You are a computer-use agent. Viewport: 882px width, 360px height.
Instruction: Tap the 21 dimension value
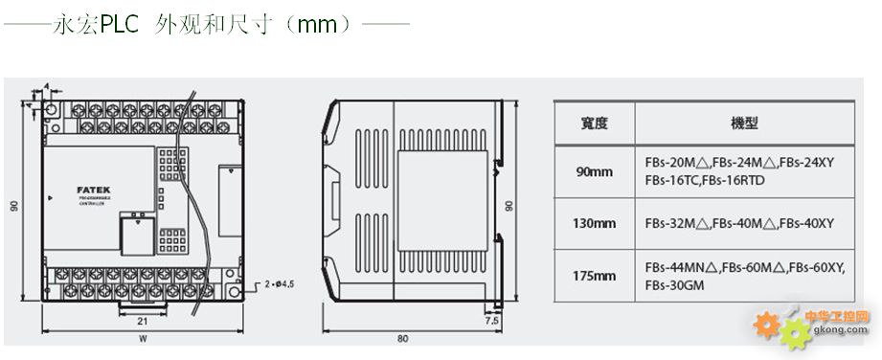[141, 320]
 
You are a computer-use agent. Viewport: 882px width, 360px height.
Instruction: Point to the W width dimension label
[141, 338]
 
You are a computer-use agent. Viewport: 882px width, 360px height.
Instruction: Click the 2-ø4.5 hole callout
[282, 283]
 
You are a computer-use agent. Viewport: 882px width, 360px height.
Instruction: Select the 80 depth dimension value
[401, 339]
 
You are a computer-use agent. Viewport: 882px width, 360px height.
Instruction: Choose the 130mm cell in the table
[595, 223]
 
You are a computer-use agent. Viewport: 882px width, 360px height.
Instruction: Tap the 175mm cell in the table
[595, 277]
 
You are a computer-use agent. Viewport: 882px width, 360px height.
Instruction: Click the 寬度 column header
[595, 123]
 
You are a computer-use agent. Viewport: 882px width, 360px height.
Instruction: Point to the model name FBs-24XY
[809, 163]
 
